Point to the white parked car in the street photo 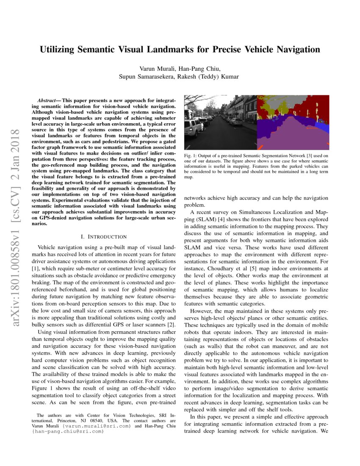[194, 126]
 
